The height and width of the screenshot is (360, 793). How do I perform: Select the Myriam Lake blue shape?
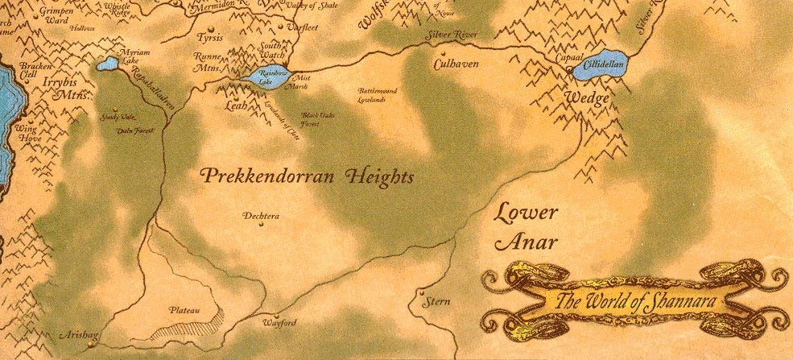[x=106, y=64]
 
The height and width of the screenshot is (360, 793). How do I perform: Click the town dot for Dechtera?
[x=262, y=226]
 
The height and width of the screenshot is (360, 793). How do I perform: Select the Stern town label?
[x=440, y=303]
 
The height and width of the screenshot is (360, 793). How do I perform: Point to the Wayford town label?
[x=280, y=324]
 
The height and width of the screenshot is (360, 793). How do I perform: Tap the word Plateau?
[x=184, y=309]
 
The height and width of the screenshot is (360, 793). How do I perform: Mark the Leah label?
[x=236, y=105]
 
